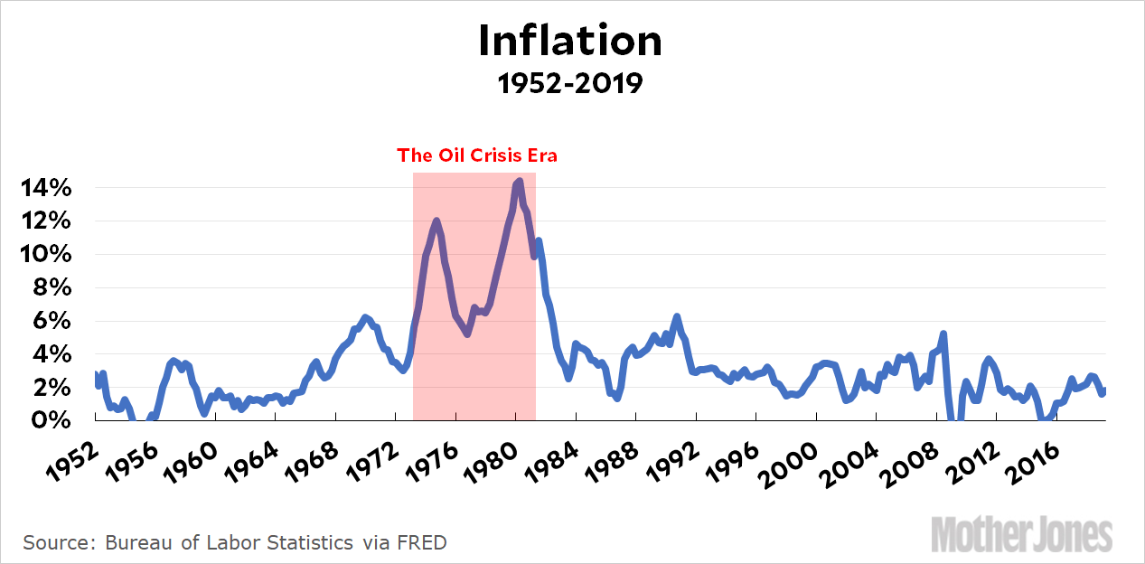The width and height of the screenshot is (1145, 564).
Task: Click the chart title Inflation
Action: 570,41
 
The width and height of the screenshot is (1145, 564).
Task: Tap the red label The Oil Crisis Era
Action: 477,155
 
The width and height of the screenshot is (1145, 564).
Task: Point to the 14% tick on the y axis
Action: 45,188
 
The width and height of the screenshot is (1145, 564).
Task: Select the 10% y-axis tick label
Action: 45,255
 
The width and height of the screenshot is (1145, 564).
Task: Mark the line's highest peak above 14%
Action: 518,182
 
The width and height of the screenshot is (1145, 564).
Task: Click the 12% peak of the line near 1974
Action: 436,221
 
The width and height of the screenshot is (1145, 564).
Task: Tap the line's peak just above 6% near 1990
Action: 677,317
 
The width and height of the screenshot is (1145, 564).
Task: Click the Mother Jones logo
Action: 1021,533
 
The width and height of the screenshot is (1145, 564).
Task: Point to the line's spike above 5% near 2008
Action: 943,334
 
